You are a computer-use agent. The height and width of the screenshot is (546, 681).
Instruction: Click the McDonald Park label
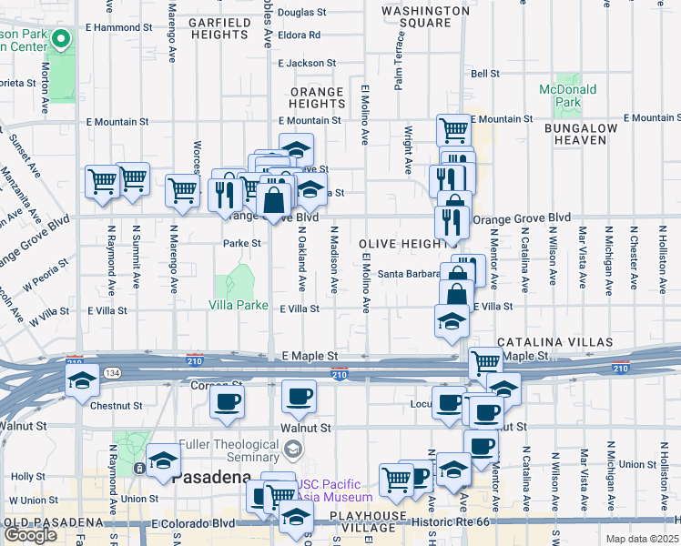[x=567, y=96]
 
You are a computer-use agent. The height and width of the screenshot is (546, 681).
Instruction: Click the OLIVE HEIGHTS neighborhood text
[x=406, y=244]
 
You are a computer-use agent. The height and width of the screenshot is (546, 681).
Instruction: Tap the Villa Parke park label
[x=239, y=305]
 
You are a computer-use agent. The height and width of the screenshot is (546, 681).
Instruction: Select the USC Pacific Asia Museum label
[x=334, y=490]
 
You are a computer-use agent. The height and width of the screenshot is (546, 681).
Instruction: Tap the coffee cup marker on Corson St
[x=227, y=401]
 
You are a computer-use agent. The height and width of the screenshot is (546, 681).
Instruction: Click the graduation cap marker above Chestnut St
[x=82, y=381]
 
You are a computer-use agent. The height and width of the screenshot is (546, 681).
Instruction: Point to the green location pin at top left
[x=61, y=40]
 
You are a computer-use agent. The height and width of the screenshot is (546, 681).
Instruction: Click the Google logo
[x=30, y=535]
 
